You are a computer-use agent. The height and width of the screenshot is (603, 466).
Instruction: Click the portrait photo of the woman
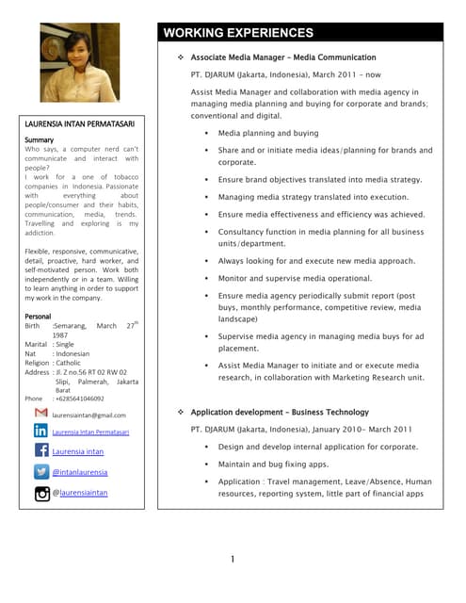80,62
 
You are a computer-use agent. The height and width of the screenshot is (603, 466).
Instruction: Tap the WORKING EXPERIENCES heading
239,33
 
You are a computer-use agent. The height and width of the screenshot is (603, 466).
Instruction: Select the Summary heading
39,139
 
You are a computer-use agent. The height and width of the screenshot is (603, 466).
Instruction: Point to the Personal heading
38,316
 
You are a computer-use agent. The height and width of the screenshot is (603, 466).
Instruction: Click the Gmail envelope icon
40,414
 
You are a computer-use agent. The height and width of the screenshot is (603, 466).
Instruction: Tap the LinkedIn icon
40,431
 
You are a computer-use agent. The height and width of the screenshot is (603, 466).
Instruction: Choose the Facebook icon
40,451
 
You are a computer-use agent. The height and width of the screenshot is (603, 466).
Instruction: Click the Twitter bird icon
40,471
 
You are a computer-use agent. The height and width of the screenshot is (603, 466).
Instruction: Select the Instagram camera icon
40,492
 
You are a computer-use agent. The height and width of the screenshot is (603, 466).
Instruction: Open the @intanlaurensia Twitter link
80,472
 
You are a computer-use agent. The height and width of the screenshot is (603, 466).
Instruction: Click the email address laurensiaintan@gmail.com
89,415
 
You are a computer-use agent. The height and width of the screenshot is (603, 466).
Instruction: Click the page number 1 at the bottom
233,560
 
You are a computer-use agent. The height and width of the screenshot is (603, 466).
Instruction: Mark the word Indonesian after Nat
72,353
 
